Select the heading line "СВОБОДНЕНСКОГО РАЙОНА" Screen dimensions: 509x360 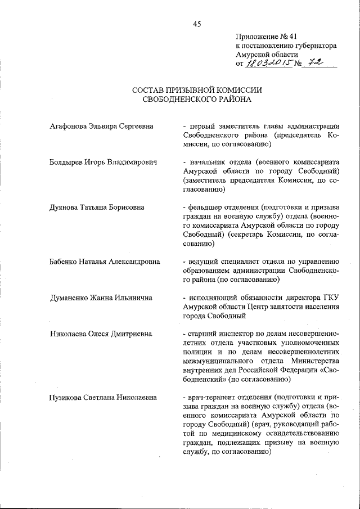coord(197,100)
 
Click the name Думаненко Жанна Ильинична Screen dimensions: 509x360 coord(101,298)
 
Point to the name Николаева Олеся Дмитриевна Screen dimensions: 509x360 coord(101,334)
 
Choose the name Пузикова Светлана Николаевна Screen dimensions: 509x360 coord(103,398)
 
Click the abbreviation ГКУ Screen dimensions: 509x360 coord(331,298)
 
